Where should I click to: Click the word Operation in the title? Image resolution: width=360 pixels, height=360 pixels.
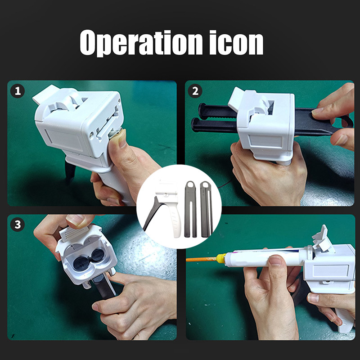(x=141, y=43)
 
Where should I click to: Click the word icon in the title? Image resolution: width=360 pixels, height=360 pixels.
(x=236, y=43)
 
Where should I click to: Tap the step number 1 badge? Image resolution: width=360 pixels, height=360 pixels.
(x=18, y=91)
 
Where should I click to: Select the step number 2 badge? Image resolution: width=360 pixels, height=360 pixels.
(x=195, y=91)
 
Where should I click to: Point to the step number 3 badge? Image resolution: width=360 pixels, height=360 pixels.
(x=18, y=225)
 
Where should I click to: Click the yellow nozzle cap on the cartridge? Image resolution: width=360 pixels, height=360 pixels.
(x=221, y=258)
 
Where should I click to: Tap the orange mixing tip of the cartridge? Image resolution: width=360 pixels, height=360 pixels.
(x=201, y=260)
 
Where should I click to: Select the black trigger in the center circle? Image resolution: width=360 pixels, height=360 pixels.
(x=152, y=213)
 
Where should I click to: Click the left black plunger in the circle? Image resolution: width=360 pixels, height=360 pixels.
(x=190, y=209)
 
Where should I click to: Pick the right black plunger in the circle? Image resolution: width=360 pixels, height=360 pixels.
(x=206, y=209)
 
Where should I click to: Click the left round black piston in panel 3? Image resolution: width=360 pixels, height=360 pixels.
(x=80, y=263)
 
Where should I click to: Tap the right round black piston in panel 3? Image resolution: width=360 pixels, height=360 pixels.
(x=97, y=255)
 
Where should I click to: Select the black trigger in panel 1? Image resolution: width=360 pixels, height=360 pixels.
(x=70, y=171)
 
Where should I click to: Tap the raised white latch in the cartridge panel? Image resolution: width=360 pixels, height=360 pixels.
(x=321, y=239)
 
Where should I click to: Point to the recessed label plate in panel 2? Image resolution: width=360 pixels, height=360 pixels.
(x=266, y=140)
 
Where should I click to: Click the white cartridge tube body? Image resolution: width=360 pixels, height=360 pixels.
(x=265, y=258)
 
